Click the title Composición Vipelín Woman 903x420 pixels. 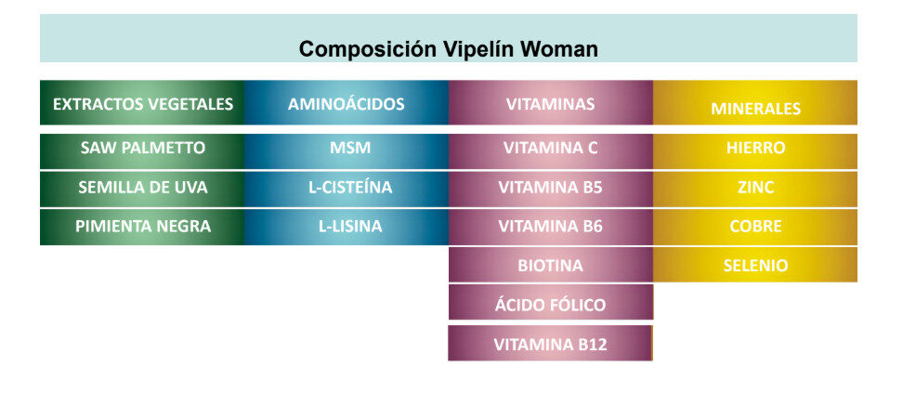click(448, 49)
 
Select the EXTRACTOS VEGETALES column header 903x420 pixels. click(142, 102)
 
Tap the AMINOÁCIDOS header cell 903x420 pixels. click(347, 102)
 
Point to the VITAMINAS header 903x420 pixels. click(551, 102)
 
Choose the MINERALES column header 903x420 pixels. click(755, 102)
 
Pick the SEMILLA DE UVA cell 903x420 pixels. click(142, 189)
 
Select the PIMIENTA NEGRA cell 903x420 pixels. click(142, 227)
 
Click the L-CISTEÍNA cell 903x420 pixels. click(347, 189)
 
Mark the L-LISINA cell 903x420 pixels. click(347, 227)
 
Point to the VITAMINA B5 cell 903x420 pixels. click(551, 189)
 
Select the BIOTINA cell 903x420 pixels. click(551, 265)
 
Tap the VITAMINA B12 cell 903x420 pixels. click(551, 344)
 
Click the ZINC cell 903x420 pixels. click(755, 189)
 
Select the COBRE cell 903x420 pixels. click(755, 227)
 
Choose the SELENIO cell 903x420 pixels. click(755, 265)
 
